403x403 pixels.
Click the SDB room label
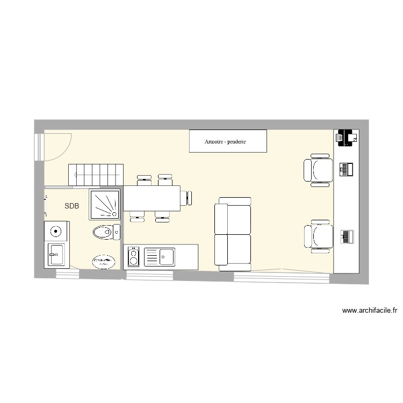click(x=72, y=206)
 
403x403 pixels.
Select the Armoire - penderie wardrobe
click(x=228, y=141)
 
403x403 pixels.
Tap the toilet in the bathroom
click(x=106, y=232)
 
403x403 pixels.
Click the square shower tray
click(x=104, y=204)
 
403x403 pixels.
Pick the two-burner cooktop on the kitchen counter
click(x=133, y=257)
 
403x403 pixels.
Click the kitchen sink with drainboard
click(x=160, y=256)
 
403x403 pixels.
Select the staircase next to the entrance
click(x=95, y=175)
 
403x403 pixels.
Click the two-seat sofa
click(x=233, y=234)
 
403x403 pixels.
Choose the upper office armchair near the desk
click(x=318, y=169)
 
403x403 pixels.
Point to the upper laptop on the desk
click(x=346, y=170)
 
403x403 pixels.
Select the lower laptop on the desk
click(x=346, y=236)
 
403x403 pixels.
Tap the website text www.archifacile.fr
click(x=369, y=310)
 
